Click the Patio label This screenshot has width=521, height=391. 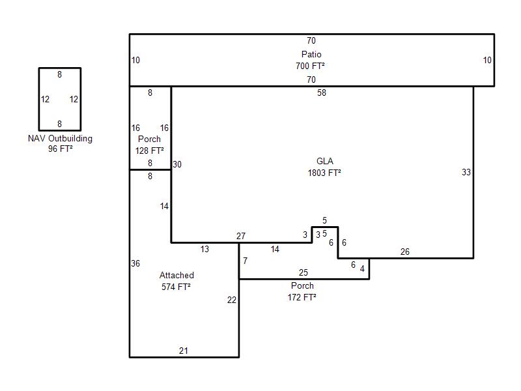click(x=311, y=54)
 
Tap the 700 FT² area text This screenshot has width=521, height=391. click(x=311, y=66)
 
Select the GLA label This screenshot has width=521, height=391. click(x=325, y=161)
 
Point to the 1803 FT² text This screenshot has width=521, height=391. click(x=325, y=173)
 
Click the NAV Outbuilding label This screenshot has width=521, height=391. click(x=60, y=138)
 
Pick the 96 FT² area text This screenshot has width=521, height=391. click(x=60, y=149)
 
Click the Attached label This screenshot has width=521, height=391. click(x=176, y=275)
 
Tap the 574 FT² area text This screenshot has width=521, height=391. click(x=176, y=286)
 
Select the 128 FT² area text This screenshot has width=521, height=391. click(x=150, y=151)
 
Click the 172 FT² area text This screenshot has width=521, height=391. click(x=302, y=297)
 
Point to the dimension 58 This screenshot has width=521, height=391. click(x=322, y=93)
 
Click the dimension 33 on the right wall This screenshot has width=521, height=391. click(x=466, y=173)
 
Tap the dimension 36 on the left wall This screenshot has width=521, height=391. click(x=135, y=263)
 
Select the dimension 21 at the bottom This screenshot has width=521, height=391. click(x=184, y=351)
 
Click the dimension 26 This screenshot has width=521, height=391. click(x=405, y=252)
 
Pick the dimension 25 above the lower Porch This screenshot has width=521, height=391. click(x=303, y=272)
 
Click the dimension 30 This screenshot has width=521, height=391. click(x=177, y=164)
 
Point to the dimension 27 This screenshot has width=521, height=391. click(x=241, y=236)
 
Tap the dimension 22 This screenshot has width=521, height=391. click(x=232, y=300)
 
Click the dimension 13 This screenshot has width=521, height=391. click(x=205, y=249)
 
